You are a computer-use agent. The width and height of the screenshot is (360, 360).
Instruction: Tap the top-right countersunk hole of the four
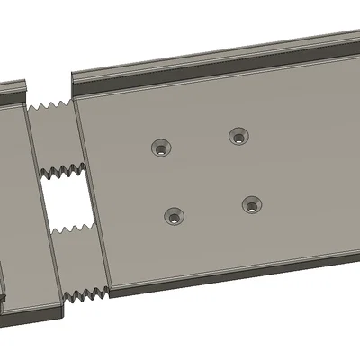point(238,137)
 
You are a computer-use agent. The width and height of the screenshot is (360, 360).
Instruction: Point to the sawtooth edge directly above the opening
point(63,169)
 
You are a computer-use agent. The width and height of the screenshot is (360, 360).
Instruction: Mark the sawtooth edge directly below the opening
point(72,230)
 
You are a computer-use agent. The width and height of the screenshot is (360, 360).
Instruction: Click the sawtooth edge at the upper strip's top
point(49,107)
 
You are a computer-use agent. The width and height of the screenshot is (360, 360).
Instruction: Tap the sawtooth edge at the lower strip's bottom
point(88,293)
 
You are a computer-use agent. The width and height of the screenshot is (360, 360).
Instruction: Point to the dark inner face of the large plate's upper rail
point(216,67)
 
